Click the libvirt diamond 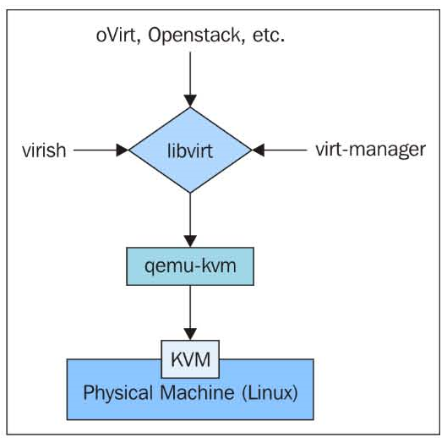pyautogui.click(x=190, y=150)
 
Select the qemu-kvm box pyautogui.click(x=190, y=266)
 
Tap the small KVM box pyautogui.click(x=190, y=359)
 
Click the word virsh pyautogui.click(x=44, y=150)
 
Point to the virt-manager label pyautogui.click(x=371, y=150)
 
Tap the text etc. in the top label pyautogui.click(x=269, y=36)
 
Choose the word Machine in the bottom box pyautogui.click(x=197, y=392)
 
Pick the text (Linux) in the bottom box pyautogui.click(x=270, y=393)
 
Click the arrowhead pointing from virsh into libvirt pyautogui.click(x=123, y=150)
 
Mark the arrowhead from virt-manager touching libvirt pyautogui.click(x=258, y=150)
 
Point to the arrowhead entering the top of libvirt pyautogui.click(x=190, y=101)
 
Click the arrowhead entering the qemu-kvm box pyautogui.click(x=190, y=241)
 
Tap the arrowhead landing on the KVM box pyautogui.click(x=190, y=334)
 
